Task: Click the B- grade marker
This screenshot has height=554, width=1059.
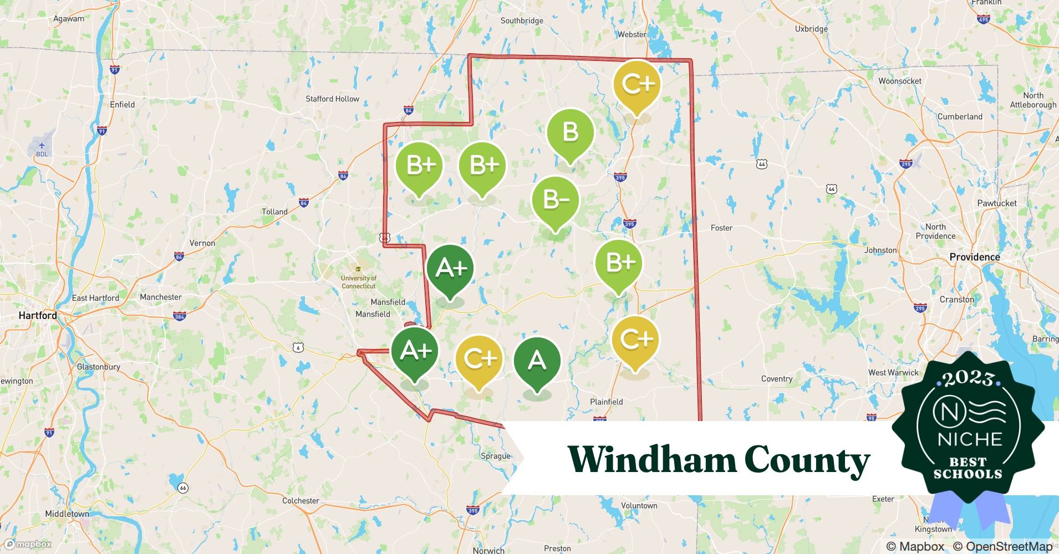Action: pos(555,200)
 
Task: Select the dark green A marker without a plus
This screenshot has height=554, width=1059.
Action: pos(537,361)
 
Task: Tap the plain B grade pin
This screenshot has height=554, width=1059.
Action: pos(570,132)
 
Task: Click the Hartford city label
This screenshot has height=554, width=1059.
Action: pos(38,315)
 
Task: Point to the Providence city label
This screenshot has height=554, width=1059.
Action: pos(974,257)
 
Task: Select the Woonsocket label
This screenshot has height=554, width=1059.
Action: pos(899,81)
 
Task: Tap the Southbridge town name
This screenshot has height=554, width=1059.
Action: pos(522,20)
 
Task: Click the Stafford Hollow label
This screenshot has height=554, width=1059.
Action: pos(332,99)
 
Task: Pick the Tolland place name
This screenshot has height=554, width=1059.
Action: pos(274,212)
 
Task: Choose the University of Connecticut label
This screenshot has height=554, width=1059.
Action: pos(358,281)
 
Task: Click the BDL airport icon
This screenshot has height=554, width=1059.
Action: pos(42,146)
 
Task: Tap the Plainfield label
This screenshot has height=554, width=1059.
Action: pos(606,402)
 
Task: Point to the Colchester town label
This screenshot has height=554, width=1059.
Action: pos(301,501)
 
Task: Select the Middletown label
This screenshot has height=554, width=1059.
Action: pos(67,514)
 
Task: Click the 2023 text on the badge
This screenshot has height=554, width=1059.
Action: pos(968,379)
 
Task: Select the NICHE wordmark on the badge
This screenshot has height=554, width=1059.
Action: pos(970,439)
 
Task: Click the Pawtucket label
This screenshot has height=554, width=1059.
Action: pos(996,203)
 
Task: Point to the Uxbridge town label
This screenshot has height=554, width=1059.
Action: pos(811,29)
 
